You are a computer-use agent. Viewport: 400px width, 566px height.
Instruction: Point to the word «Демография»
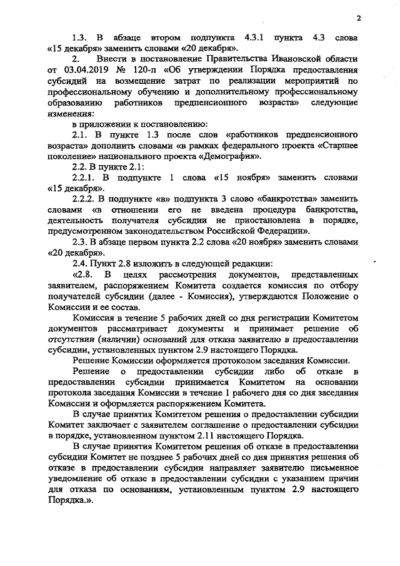(229, 156)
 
